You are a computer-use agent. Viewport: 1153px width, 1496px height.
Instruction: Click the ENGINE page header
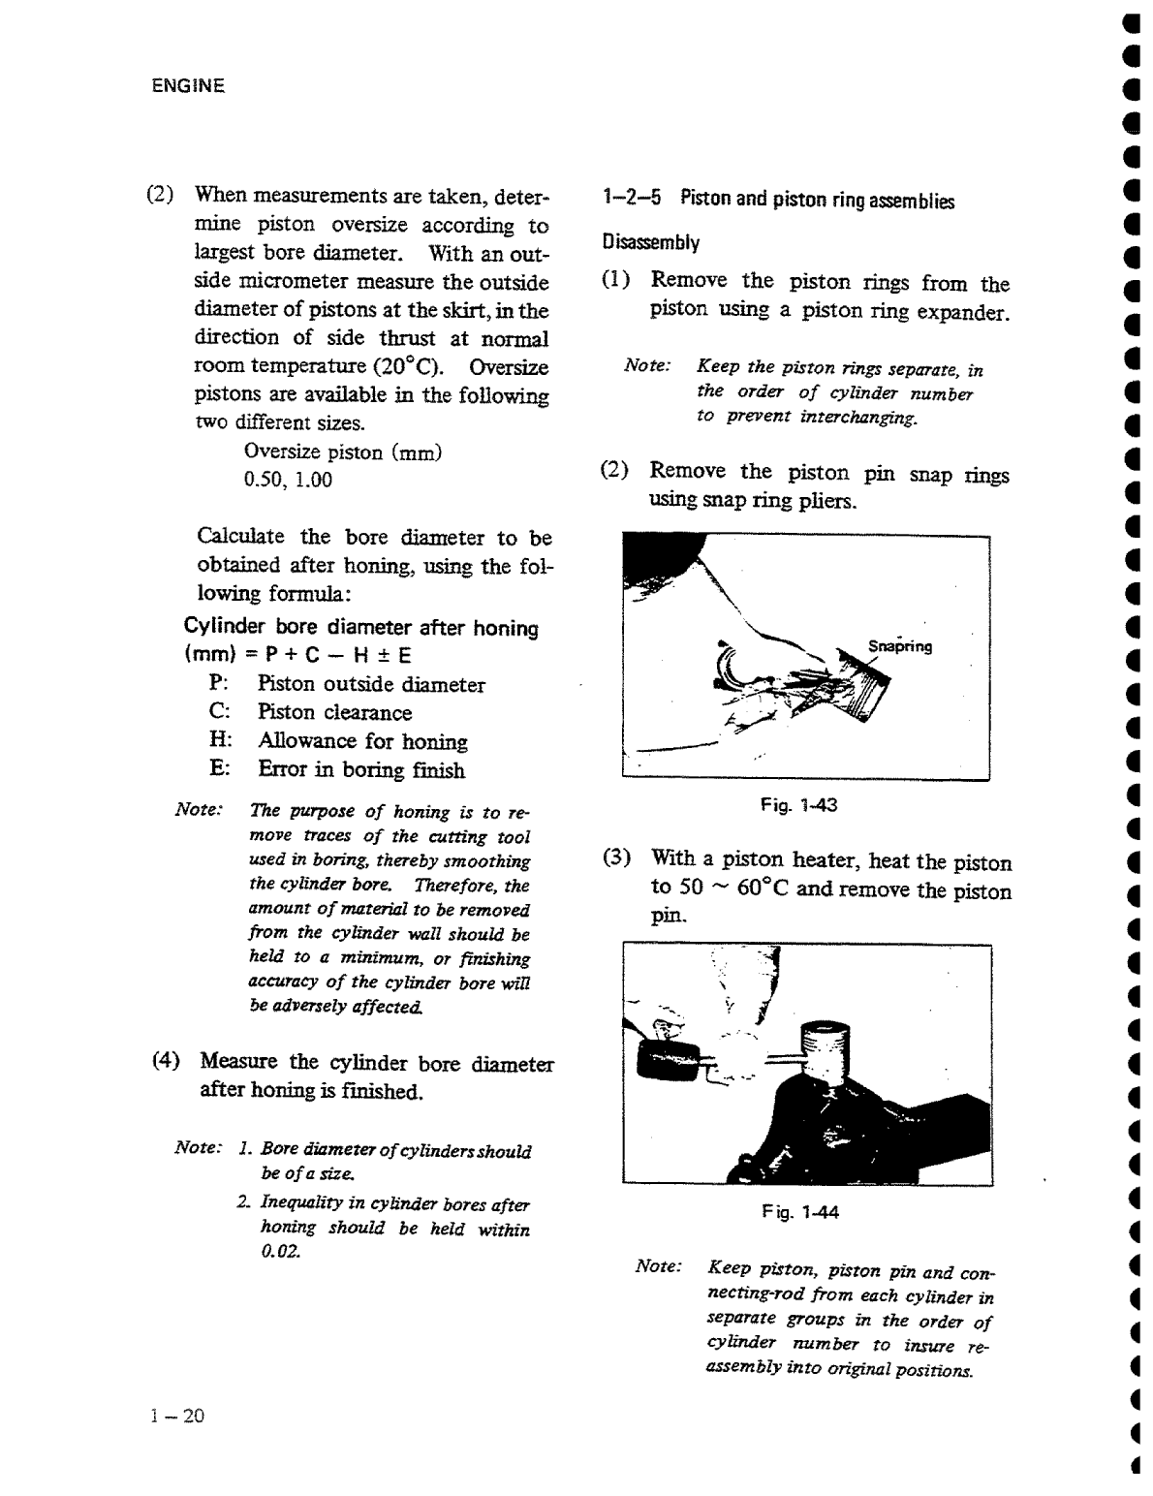click(188, 86)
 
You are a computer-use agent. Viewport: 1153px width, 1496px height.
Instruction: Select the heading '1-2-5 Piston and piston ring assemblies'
click(777, 201)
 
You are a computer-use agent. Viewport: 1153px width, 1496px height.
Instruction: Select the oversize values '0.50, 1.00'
click(288, 481)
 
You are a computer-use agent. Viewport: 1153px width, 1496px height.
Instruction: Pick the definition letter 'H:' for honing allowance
click(220, 740)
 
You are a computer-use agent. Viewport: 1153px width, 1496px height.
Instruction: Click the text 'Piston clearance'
click(334, 713)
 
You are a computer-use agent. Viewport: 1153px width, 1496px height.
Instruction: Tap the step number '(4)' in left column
click(167, 1060)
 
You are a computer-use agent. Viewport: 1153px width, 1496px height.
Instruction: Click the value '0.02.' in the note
click(281, 1252)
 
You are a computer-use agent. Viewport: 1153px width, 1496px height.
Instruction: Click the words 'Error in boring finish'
click(361, 770)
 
